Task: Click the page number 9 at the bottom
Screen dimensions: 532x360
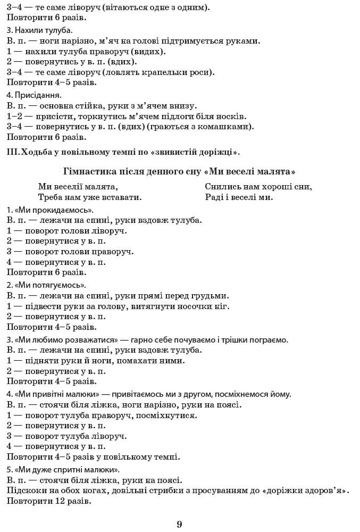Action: pyautogui.click(x=180, y=524)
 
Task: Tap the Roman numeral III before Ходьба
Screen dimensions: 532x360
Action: pyautogui.click(x=13, y=152)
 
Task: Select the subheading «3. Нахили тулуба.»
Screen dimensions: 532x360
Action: pyautogui.click(x=40, y=30)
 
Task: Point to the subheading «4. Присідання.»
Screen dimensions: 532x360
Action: pyautogui.click(x=35, y=96)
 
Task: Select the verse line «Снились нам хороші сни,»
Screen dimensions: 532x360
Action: pyautogui.click(x=258, y=186)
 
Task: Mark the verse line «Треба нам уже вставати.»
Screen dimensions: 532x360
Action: pyautogui.click(x=90, y=197)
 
